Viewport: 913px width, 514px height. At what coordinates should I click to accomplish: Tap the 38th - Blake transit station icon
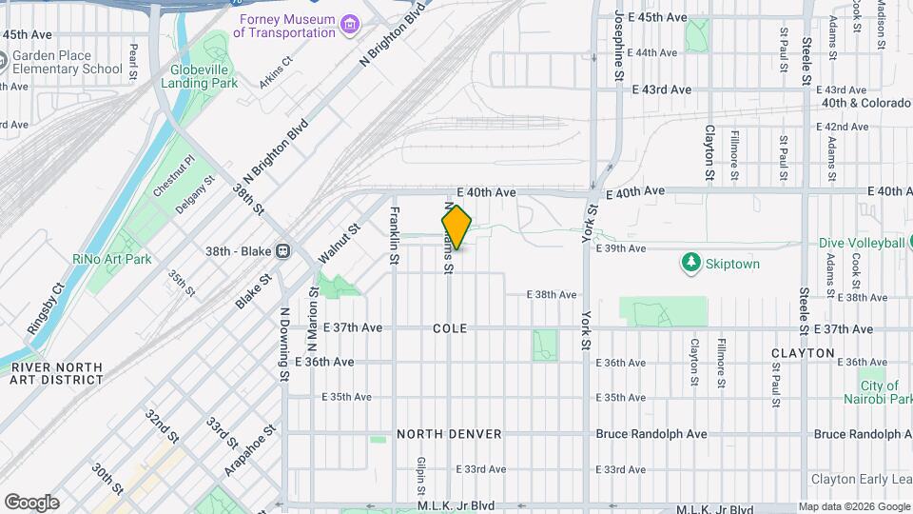[282, 251]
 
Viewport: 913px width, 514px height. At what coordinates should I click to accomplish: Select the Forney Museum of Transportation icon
[351, 23]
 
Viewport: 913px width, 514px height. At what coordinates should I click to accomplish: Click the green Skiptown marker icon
[691, 263]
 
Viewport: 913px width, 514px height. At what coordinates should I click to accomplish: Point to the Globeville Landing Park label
[204, 76]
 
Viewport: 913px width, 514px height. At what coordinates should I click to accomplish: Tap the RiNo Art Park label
[112, 259]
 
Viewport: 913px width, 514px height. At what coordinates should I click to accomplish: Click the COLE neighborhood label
[450, 327]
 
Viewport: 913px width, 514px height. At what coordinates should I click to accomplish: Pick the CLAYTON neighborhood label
[803, 353]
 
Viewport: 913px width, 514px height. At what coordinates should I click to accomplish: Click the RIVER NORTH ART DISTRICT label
[56, 373]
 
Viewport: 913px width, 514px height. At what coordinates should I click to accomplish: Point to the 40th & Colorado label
[859, 102]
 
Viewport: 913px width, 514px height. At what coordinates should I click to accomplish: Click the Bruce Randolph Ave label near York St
[651, 434]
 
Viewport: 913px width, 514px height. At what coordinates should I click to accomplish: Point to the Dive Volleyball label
[861, 243]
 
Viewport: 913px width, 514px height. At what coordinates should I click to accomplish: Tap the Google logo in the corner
[31, 503]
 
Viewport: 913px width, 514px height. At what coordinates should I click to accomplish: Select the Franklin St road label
[394, 229]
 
